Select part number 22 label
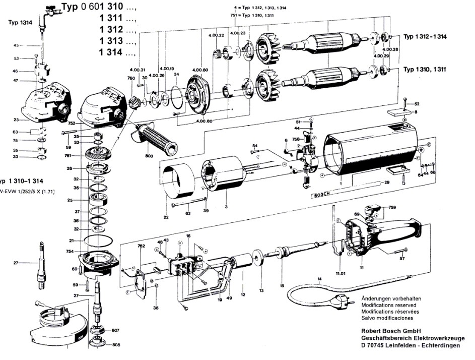[165, 217]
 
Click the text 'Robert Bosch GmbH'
[390, 331]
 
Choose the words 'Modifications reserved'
[387, 305]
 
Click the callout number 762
[142, 247]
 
